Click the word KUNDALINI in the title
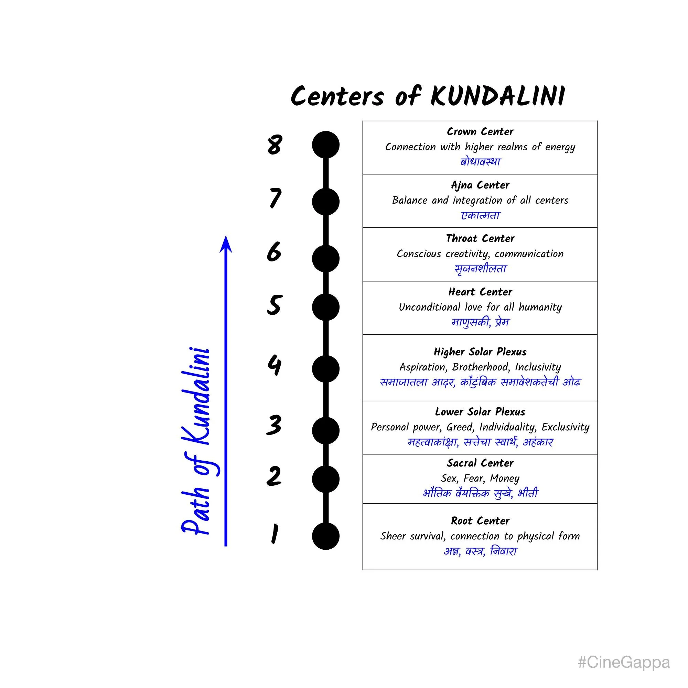tap(497, 96)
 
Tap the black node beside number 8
tap(325, 145)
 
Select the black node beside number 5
tap(325, 307)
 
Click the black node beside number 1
tap(325, 536)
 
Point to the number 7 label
tap(275, 198)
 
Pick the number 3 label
tap(274, 425)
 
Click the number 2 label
tap(274, 476)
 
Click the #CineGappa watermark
tap(624, 662)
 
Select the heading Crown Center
tap(480, 132)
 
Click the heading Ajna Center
tap(480, 185)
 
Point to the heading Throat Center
tap(480, 239)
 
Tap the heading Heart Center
tap(480, 292)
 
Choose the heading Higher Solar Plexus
tap(480, 352)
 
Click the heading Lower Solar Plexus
tap(480, 412)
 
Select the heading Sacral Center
tap(480, 463)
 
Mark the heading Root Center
tap(480, 521)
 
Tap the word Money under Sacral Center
tap(505, 478)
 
